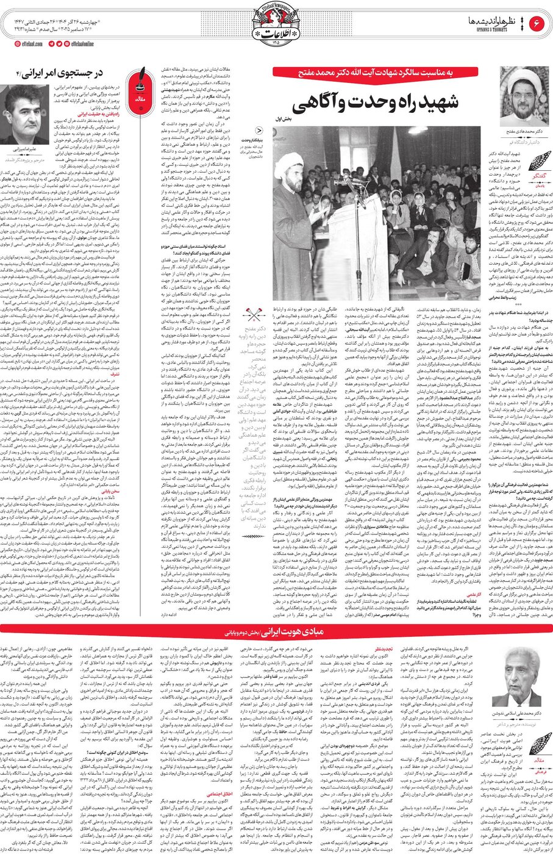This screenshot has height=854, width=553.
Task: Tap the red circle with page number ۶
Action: pos(538,24)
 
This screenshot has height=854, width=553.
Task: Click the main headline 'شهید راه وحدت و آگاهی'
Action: pos(384,104)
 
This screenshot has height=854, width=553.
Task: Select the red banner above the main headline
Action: pos(384,73)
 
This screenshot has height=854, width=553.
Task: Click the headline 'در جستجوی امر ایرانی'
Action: pos(61,74)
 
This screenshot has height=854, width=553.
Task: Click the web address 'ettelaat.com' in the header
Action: pos(27,44)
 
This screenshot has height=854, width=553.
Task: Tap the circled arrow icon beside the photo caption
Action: pos(260,129)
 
